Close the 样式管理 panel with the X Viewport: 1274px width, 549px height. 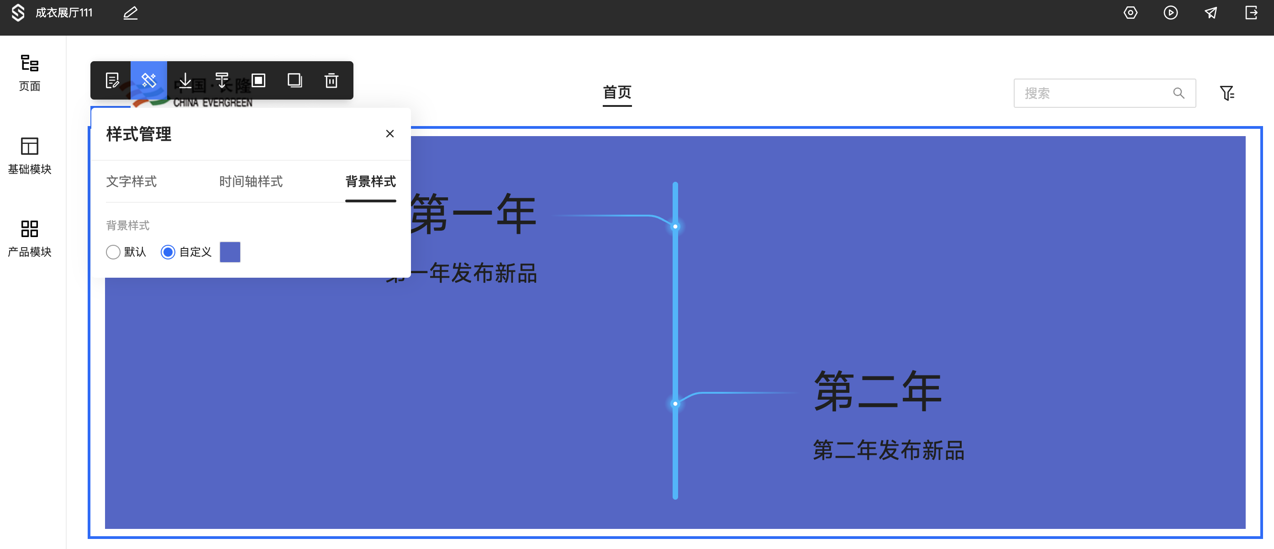click(390, 133)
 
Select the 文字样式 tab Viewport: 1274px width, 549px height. click(131, 181)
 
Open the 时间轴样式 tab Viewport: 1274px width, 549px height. click(251, 181)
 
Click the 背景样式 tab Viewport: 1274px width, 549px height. click(370, 181)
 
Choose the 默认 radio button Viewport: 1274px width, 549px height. click(113, 252)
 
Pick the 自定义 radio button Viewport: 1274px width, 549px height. click(168, 252)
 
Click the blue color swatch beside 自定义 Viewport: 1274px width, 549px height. click(230, 252)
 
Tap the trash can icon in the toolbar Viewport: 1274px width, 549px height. click(331, 80)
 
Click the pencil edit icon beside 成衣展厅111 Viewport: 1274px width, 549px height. click(131, 13)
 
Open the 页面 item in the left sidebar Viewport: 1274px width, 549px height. click(30, 72)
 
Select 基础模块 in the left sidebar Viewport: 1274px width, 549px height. click(30, 155)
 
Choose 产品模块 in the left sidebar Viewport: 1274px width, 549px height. click(30, 238)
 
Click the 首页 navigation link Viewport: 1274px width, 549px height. click(617, 92)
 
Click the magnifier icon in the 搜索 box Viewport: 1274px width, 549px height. click(1179, 93)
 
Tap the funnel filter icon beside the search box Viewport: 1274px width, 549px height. click(1227, 93)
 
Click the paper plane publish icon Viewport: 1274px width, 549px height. click(1211, 13)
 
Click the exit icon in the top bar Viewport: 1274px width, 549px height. click(1251, 13)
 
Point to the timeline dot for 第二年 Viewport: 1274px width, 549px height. click(675, 404)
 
